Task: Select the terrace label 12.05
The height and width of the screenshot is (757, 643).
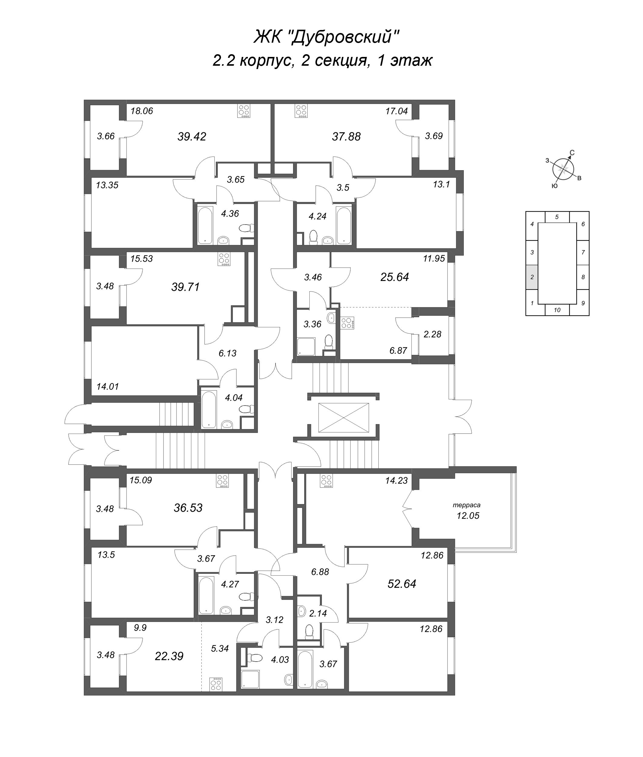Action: pyautogui.click(x=468, y=516)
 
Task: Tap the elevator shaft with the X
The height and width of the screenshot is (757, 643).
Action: pyautogui.click(x=343, y=418)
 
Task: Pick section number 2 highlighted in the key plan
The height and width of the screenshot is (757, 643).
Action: pyautogui.click(x=532, y=277)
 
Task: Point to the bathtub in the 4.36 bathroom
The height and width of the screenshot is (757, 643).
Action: pyautogui.click(x=205, y=225)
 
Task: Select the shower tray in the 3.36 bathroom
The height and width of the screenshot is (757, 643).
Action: pyautogui.click(x=306, y=346)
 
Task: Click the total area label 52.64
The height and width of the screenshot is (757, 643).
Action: pyautogui.click(x=402, y=584)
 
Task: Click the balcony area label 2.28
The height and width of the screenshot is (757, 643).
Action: pyautogui.click(x=432, y=334)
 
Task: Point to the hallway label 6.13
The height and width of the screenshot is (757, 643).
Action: pyautogui.click(x=227, y=353)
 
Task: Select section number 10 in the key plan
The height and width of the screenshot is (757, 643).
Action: pyautogui.click(x=557, y=310)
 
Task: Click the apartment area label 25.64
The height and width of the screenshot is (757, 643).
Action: pyautogui.click(x=394, y=277)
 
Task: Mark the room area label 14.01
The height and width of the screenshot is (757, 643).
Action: pyautogui.click(x=107, y=386)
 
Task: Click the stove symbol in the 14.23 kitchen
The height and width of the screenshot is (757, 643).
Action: pyautogui.click(x=327, y=481)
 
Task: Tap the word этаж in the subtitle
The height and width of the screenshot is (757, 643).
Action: pyautogui.click(x=411, y=61)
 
